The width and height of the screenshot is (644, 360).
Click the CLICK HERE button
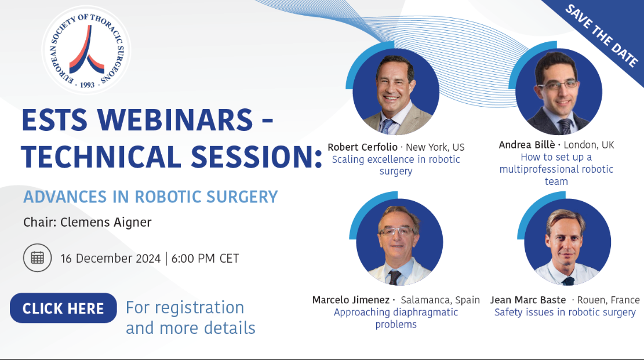(63, 308)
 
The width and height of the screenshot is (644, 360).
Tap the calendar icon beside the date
(37, 258)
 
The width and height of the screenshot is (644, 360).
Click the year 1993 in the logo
(87, 85)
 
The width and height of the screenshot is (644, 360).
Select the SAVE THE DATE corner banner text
(602, 35)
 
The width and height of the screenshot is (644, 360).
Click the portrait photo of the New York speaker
(396, 92)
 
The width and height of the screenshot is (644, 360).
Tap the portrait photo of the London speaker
(559, 92)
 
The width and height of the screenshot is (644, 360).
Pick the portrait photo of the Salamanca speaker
(399, 242)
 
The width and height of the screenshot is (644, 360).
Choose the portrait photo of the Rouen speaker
(567, 242)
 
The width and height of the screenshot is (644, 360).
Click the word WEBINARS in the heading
(175, 120)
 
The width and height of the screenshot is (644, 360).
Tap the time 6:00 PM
(193, 259)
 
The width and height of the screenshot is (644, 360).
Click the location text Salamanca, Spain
(441, 300)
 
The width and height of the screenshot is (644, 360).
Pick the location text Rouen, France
(608, 300)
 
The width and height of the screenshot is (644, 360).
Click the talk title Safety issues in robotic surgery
(565, 312)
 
